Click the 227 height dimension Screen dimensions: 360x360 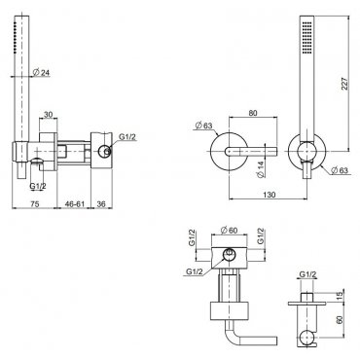pyautogui.click(x=344, y=84)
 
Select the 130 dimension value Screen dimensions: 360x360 pyautogui.click(x=269, y=194)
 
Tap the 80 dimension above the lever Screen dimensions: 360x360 pyautogui.click(x=253, y=113)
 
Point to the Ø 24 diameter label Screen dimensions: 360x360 pyautogui.click(x=42, y=73)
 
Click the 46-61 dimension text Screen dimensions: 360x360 pyautogui.click(x=75, y=203)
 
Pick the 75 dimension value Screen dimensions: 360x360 pyautogui.click(x=35, y=203)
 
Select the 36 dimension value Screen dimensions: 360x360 pyautogui.click(x=101, y=203)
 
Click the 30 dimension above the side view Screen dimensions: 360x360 pyautogui.click(x=48, y=115)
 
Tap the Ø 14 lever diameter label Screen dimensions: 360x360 pyautogui.click(x=262, y=169)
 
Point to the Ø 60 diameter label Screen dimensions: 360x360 pyautogui.click(x=229, y=231)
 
